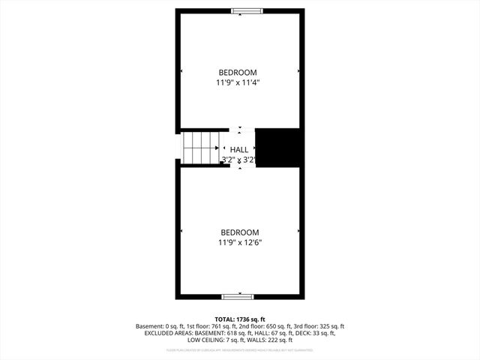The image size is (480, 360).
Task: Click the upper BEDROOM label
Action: tap(239, 72)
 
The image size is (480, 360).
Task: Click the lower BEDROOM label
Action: tap(239, 232)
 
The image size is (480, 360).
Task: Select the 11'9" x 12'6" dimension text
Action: tap(239, 243)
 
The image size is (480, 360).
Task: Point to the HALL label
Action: tap(239, 149)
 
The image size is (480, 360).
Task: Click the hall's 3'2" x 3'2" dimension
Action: tap(239, 160)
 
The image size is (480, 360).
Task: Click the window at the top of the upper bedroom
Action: tap(247, 10)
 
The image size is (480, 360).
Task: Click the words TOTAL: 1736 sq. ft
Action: tap(239, 319)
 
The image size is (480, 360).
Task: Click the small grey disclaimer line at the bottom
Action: tap(239, 350)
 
